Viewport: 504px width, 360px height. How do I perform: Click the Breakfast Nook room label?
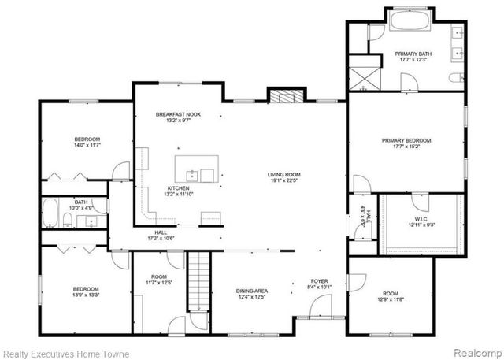point(178,115)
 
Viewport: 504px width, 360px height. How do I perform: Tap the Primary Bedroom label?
point(406,141)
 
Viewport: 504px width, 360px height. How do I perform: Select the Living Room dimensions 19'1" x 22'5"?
point(284,180)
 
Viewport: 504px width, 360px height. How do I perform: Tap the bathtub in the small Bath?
point(50,213)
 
